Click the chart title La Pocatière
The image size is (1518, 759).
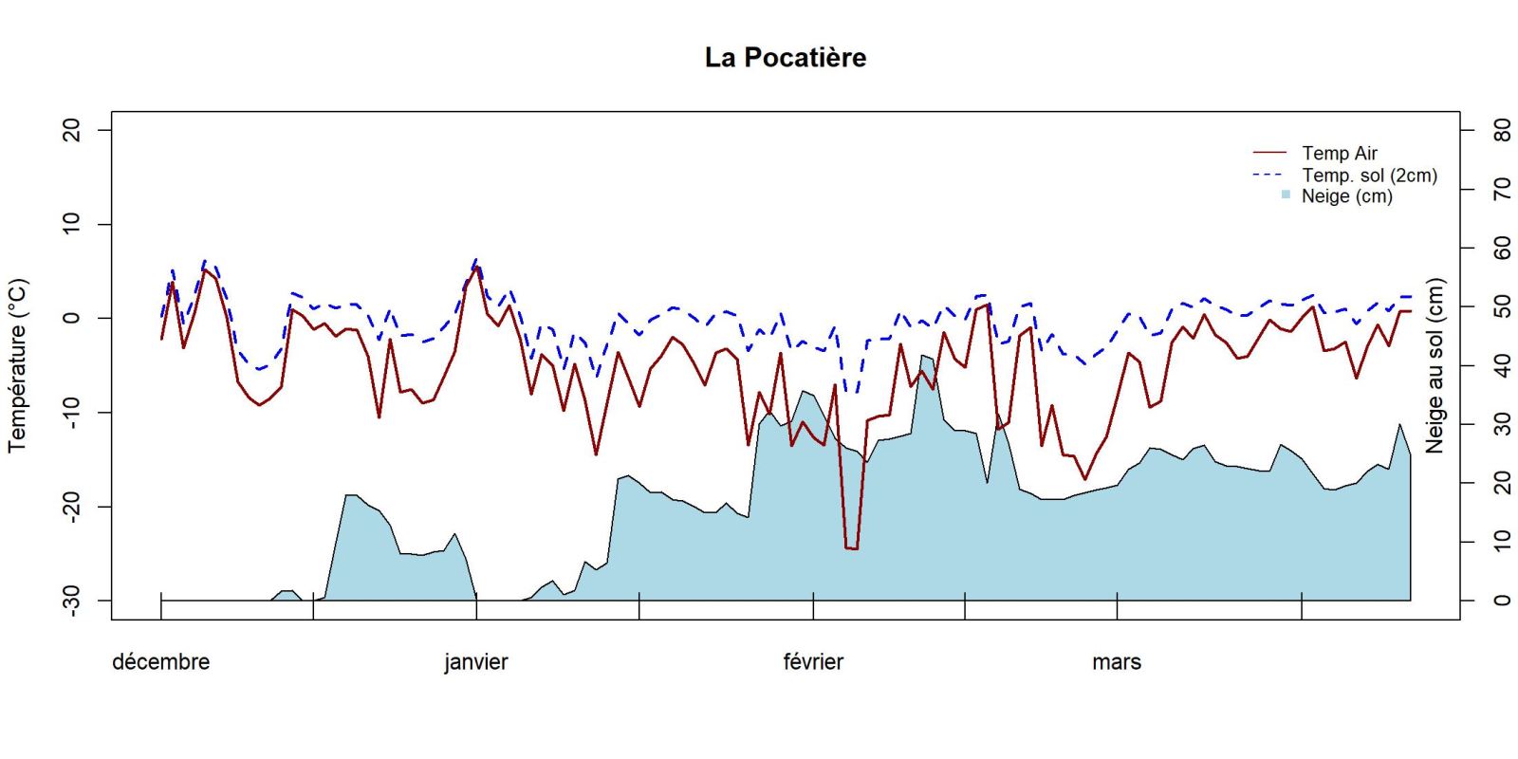click(x=785, y=58)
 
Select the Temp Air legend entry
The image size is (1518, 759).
click(x=1339, y=153)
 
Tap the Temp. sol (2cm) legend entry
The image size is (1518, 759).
click(x=1369, y=176)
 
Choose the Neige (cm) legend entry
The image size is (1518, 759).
click(x=1346, y=196)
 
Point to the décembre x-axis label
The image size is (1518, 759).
click(x=160, y=662)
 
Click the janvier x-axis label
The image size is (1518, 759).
click(x=475, y=662)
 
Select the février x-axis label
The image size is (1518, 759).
click(x=813, y=662)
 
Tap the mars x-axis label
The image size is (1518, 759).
click(x=1116, y=662)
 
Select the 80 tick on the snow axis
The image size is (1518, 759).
click(x=1501, y=130)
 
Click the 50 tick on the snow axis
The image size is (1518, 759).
click(x=1501, y=306)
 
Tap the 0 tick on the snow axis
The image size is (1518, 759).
click(x=1501, y=601)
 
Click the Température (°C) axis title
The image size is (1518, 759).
click(x=18, y=365)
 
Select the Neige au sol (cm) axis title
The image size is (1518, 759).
click(x=1434, y=365)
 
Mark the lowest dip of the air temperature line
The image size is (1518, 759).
click(x=851, y=548)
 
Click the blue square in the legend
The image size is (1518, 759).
click(x=1286, y=195)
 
